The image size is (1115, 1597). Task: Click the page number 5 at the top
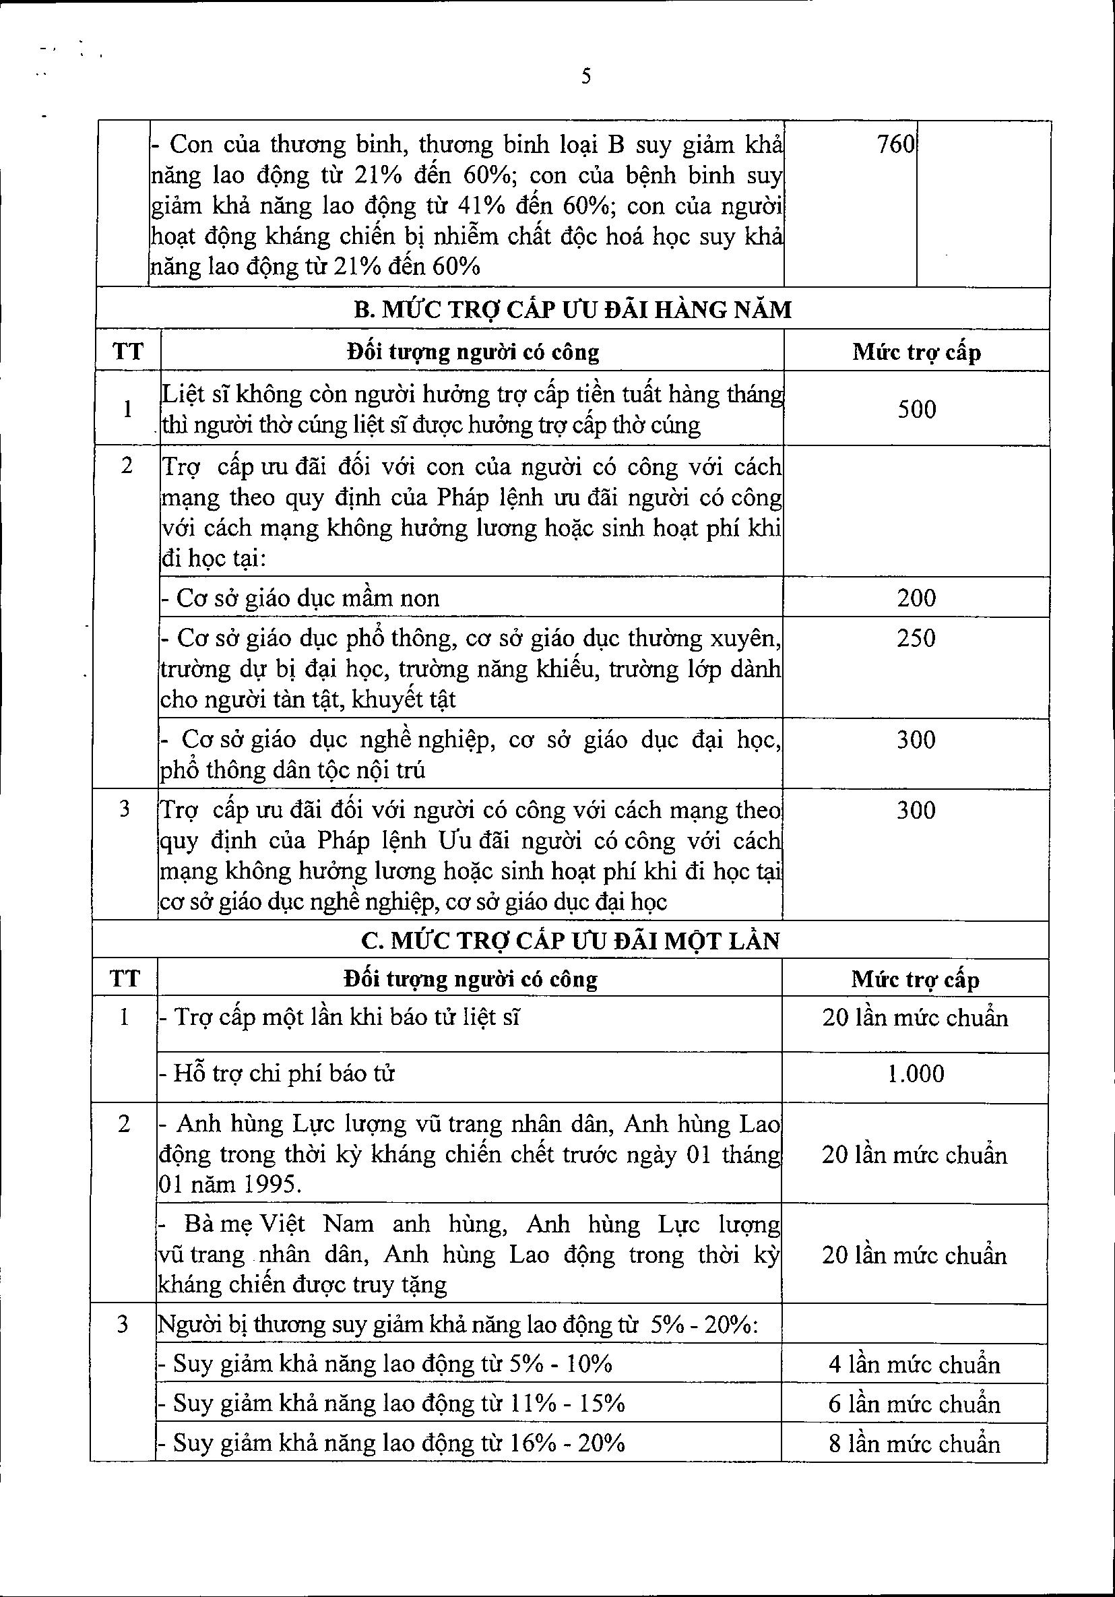585,76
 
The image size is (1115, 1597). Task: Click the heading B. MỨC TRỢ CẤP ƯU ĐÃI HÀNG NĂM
573,309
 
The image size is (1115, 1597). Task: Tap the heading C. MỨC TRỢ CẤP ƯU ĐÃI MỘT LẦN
571,941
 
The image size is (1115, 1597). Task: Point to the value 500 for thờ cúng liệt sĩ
917,409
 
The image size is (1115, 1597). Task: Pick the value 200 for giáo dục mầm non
916,598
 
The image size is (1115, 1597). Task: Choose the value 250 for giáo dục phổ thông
916,639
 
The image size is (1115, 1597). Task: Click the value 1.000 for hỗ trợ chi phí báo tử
916,1073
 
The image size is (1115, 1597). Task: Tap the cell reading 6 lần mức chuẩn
915,1404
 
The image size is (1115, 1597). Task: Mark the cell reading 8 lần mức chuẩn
915,1443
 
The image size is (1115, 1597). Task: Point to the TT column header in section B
129,351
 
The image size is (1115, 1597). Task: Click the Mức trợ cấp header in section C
915,979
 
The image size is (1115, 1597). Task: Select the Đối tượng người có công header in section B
472,352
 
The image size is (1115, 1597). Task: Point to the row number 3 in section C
123,1324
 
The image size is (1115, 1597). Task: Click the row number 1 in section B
127,409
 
